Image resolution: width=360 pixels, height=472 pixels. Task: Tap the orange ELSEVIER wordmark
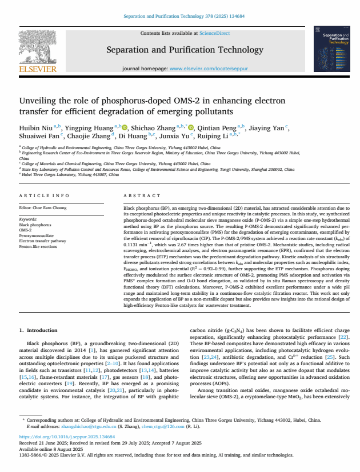(38, 69)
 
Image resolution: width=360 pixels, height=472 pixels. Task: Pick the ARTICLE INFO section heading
(45, 196)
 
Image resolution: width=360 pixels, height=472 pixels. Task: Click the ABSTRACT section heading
(138, 196)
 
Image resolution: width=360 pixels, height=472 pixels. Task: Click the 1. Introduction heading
(38, 330)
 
